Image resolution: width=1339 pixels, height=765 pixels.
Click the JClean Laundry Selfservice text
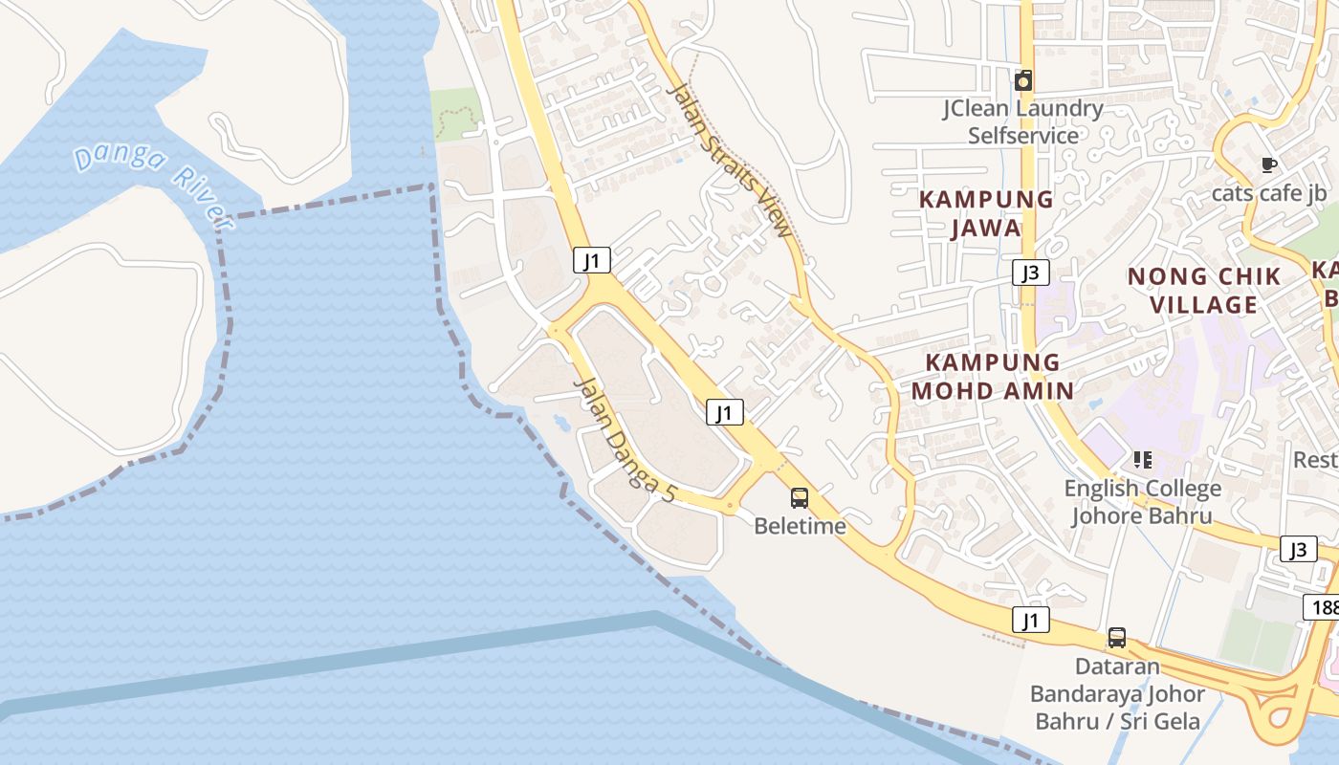pyautogui.click(x=1022, y=121)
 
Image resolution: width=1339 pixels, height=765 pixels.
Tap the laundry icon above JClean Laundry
pyautogui.click(x=1023, y=80)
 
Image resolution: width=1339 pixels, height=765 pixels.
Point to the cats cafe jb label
pyautogui.click(x=1269, y=193)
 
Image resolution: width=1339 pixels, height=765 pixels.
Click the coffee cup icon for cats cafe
pyautogui.click(x=1269, y=165)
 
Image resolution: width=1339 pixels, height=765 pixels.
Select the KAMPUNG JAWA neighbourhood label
pyautogui.click(x=986, y=214)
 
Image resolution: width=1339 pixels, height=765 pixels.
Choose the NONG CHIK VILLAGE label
pyautogui.click(x=1203, y=291)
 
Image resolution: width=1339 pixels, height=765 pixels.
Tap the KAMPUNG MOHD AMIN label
pyautogui.click(x=993, y=376)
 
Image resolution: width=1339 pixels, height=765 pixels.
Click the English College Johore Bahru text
pyautogui.click(x=1142, y=502)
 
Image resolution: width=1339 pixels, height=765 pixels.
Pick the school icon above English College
pyautogui.click(x=1142, y=460)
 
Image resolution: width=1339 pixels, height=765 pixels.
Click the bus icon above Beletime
pyautogui.click(x=800, y=497)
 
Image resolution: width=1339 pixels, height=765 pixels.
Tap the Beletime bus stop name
pyautogui.click(x=800, y=526)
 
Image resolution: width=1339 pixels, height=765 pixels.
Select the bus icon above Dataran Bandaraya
pyautogui.click(x=1116, y=637)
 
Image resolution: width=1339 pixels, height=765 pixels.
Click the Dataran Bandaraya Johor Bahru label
pyautogui.click(x=1117, y=693)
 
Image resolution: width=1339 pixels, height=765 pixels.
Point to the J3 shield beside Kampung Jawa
pyautogui.click(x=1031, y=273)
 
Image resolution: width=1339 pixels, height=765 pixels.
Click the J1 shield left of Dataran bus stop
pyautogui.click(x=1031, y=620)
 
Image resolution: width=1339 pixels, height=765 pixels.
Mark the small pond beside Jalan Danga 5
pyautogui.click(x=560, y=420)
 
